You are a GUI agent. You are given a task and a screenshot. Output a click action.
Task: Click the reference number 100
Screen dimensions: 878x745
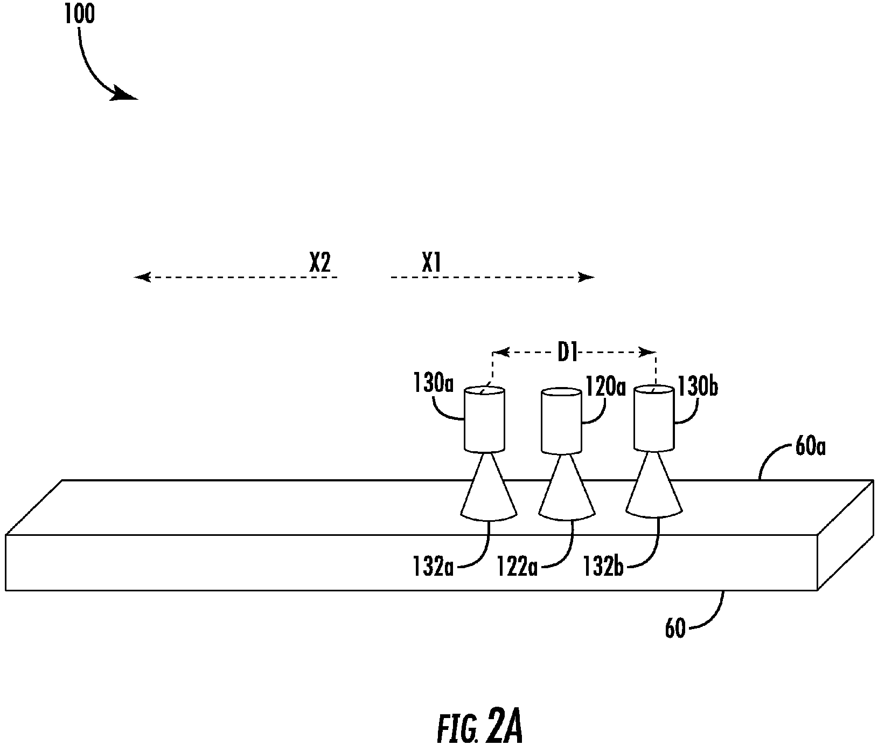point(79,14)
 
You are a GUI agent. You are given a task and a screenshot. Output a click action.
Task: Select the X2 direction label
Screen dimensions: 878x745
point(320,263)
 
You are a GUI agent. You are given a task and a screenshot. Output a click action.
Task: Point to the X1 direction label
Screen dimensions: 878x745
point(432,263)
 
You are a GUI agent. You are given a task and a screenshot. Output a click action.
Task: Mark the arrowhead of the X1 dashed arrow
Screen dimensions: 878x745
point(586,277)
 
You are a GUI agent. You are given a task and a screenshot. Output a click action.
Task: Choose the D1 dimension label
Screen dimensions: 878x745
point(568,354)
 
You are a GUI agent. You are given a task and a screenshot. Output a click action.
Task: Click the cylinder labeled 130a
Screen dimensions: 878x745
point(485,419)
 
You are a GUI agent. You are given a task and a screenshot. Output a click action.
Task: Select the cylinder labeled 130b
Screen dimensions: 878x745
point(654,418)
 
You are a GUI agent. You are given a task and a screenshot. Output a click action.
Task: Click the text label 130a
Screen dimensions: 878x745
point(434,384)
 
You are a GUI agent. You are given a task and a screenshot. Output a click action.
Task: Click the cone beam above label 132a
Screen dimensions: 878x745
point(489,487)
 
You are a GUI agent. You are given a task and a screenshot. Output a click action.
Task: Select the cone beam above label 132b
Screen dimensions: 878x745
point(654,485)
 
